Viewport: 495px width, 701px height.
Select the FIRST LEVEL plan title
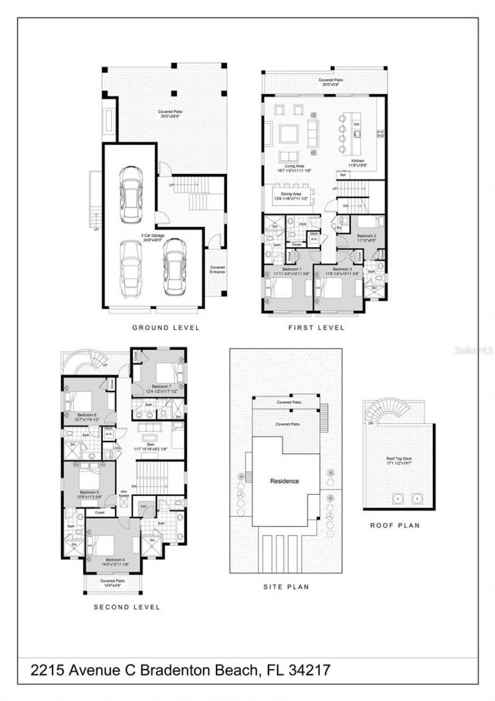316,328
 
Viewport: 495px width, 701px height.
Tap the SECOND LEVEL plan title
127,607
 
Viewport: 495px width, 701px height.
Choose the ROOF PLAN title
395,525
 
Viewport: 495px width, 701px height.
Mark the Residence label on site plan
285,481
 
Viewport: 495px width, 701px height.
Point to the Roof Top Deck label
398,459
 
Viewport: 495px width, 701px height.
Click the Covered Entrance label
217,269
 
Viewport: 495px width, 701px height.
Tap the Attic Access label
124,492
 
